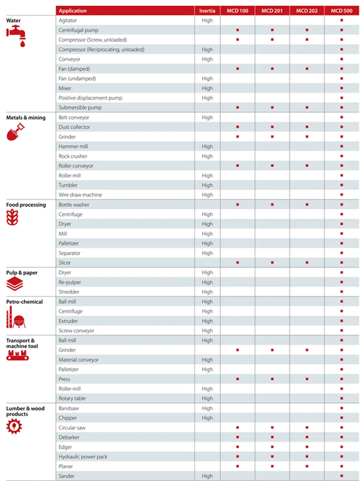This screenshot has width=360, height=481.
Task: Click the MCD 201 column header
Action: [272, 11]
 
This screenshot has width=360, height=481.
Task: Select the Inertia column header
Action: [207, 11]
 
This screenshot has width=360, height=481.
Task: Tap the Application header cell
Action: [73, 11]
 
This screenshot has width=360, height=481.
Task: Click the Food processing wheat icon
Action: [12, 217]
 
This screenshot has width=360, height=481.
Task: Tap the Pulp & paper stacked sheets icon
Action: [15, 284]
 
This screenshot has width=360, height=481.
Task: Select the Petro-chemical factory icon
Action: [16, 318]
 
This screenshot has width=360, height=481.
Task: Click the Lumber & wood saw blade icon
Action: [14, 426]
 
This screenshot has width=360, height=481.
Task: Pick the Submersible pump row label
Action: [80, 108]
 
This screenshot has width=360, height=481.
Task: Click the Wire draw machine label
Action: [80, 195]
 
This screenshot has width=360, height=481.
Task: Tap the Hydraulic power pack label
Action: [83, 457]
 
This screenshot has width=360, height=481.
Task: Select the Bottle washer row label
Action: [74, 205]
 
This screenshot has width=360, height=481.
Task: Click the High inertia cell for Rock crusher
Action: [207, 156]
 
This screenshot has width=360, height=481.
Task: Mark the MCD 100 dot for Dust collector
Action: [237, 127]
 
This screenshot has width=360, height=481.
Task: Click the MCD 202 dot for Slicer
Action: [307, 263]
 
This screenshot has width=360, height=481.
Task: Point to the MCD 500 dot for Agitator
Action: [342, 20]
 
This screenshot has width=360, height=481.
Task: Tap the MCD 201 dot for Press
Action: [272, 379]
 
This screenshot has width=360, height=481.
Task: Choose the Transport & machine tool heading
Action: [22, 343]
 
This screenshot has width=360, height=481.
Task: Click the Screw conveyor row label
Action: [76, 331]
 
